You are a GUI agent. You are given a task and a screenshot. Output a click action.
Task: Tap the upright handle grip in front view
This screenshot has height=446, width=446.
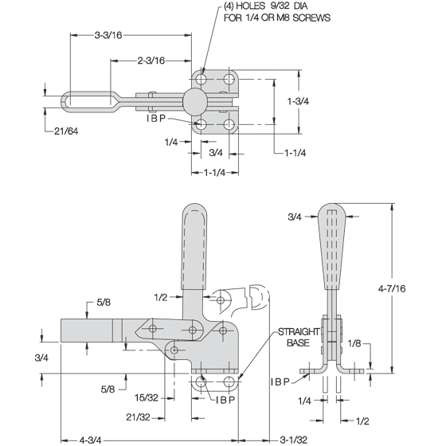pyautogui.click(x=194, y=247)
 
